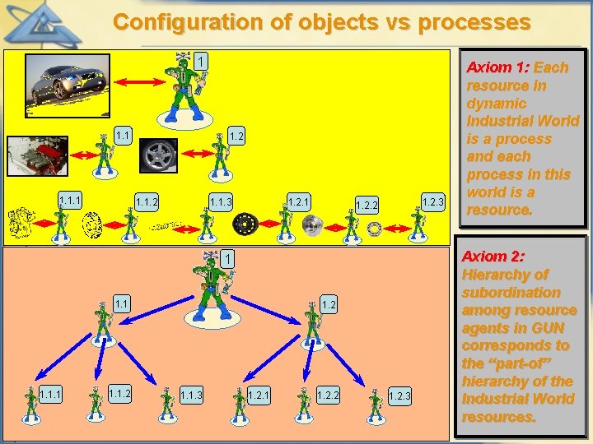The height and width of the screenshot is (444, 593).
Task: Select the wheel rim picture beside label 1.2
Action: tap(158, 155)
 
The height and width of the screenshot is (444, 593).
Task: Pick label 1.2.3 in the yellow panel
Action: tap(432, 201)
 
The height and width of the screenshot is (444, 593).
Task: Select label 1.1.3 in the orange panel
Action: tap(192, 396)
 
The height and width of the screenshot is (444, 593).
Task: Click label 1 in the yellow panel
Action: tap(200, 62)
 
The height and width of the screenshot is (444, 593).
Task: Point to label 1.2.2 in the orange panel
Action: tap(329, 395)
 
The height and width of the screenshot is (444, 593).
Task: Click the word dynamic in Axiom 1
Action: tap(496, 104)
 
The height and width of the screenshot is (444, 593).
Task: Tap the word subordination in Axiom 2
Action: tap(511, 293)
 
